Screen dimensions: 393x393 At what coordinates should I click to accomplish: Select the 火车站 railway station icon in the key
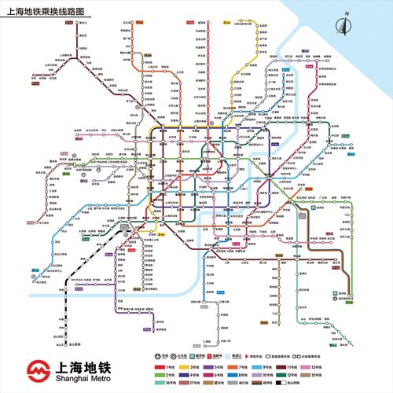(173, 355)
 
